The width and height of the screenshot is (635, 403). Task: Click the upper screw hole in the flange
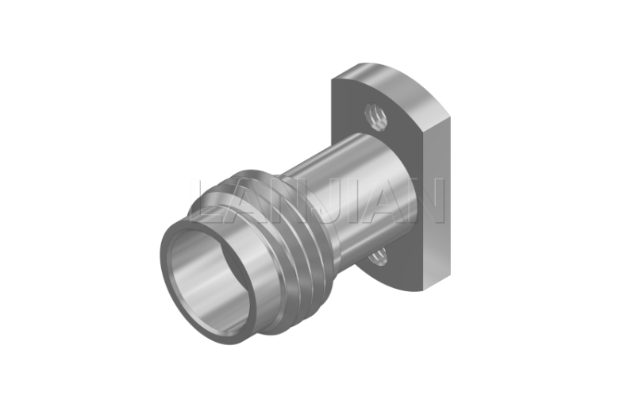[375, 117]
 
